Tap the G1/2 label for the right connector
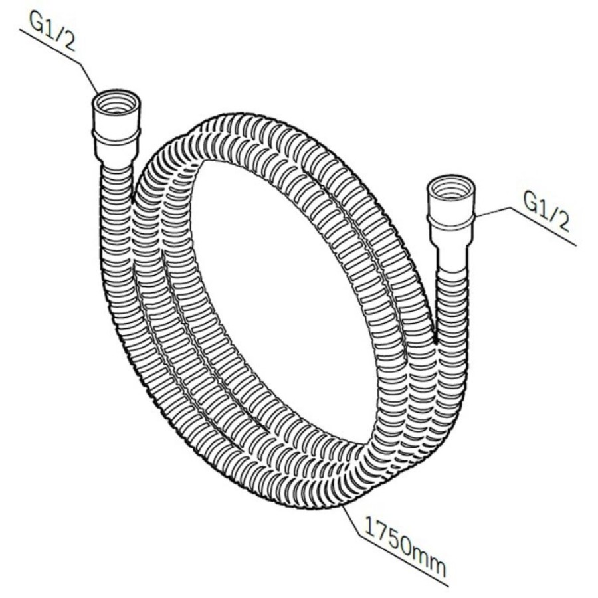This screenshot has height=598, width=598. point(547,212)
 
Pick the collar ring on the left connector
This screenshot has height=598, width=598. point(116,136)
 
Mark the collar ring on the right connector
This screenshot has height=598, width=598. point(450,223)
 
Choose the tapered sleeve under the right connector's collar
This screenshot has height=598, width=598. point(451,252)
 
